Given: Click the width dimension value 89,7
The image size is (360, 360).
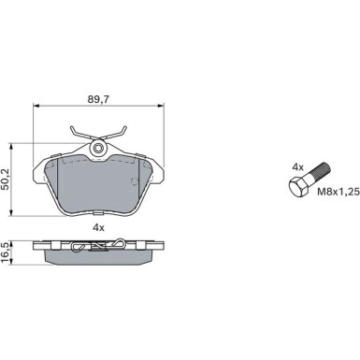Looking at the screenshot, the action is [98, 99].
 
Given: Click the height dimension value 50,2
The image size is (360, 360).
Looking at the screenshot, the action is [6, 180].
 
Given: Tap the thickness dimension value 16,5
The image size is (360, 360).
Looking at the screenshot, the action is [5, 252].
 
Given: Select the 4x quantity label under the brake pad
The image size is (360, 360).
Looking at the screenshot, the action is [98, 228].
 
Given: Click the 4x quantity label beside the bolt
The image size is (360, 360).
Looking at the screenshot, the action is [297, 167].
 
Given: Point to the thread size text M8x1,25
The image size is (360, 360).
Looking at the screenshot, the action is [338, 192].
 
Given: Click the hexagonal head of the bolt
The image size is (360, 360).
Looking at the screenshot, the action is [299, 187].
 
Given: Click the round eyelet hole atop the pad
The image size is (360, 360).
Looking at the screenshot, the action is [98, 149].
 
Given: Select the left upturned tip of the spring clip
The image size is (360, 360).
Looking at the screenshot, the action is [71, 127].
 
